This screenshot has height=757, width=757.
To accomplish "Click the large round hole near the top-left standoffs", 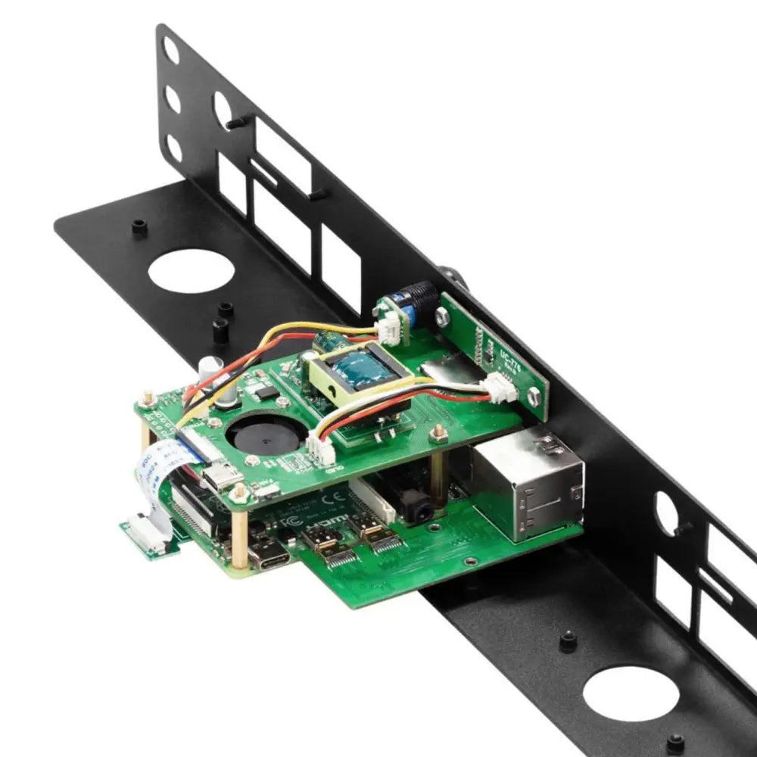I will coord(191,271).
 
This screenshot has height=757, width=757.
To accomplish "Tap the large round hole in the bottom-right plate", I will coord(631,693).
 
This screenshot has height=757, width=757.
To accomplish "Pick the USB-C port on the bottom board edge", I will coord(269,556).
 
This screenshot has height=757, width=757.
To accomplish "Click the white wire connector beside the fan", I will coord(321,452).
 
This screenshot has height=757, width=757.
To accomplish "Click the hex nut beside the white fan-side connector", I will coord(438,433).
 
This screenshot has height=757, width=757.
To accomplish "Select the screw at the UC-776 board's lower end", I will coord(534,395).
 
